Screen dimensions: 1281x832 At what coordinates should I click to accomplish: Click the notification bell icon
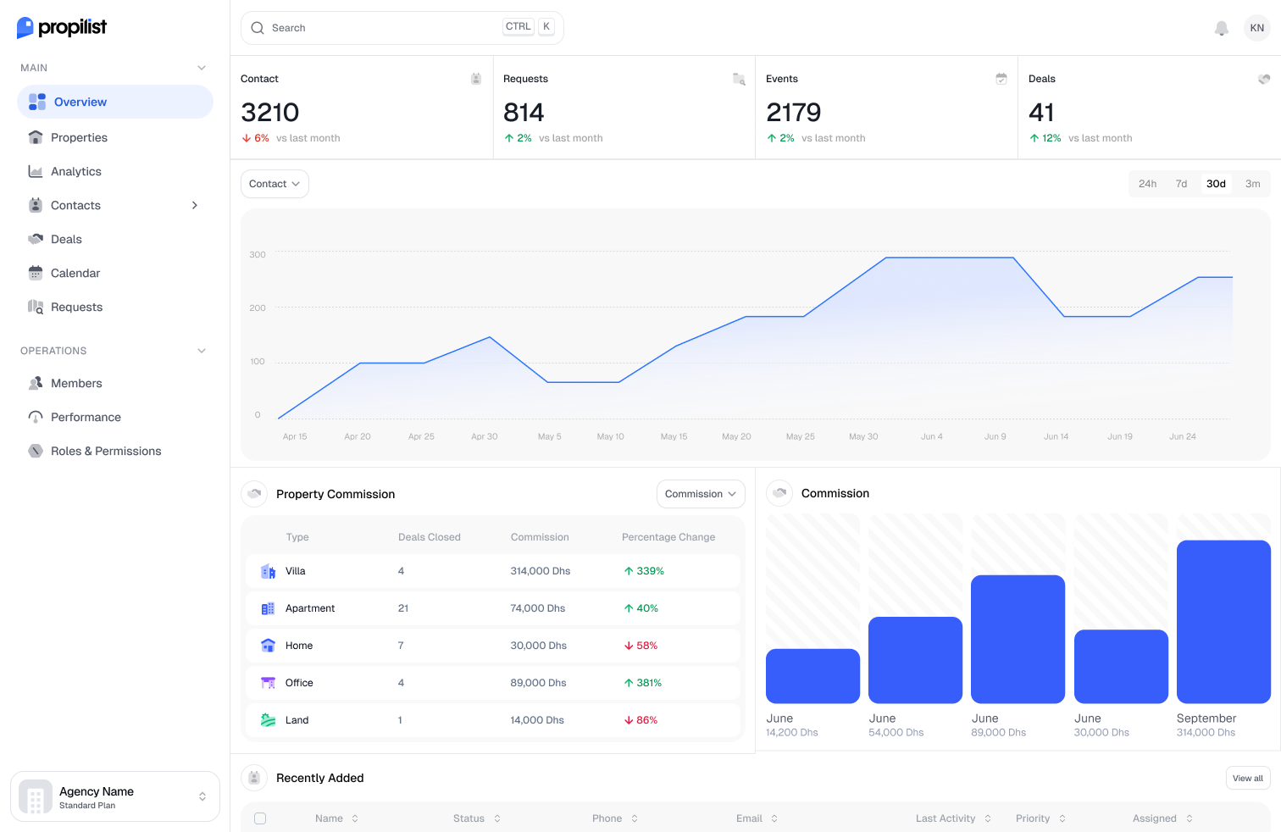point(1221,28)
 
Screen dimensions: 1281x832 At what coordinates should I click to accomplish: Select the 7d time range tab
point(1181,184)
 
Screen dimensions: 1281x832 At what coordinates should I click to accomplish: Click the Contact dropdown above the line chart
point(274,184)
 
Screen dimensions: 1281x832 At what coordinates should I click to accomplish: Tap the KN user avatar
point(1256,28)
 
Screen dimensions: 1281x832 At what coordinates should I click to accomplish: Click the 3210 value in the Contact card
point(270,112)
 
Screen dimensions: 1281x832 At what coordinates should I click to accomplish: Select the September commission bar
point(1223,622)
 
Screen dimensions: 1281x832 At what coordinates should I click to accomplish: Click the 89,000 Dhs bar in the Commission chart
point(1018,640)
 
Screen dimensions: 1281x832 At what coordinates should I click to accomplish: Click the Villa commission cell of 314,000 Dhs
point(541,571)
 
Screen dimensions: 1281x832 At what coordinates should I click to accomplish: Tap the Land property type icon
point(268,720)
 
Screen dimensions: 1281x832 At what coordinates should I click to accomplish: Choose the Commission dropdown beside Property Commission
point(701,493)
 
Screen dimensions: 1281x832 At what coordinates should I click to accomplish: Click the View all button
point(1248,779)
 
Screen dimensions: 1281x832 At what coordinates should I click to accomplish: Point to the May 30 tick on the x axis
point(863,436)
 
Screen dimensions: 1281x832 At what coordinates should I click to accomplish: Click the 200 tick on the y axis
point(258,308)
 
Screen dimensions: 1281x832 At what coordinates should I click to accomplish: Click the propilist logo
point(62,27)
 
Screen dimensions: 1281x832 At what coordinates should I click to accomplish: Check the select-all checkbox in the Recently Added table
point(260,818)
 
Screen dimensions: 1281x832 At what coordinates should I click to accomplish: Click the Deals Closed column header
point(429,537)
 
